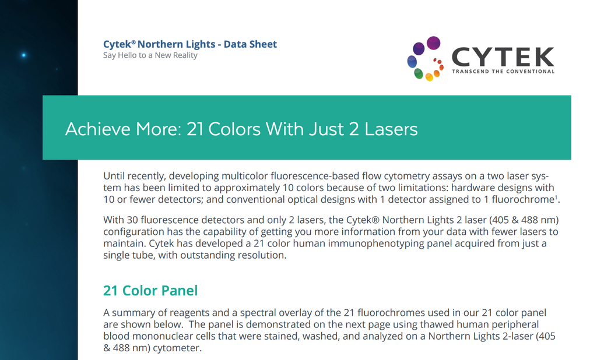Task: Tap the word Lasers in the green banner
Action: click(x=391, y=129)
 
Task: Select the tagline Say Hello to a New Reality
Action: click(x=150, y=55)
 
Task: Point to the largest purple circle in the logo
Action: click(x=433, y=43)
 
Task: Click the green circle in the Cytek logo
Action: click(x=419, y=73)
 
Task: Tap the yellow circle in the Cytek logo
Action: click(x=429, y=77)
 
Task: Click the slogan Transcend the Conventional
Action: click(x=503, y=72)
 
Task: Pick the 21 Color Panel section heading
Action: click(x=150, y=290)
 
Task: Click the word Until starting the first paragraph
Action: click(x=115, y=176)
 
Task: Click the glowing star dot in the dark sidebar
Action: click(x=23, y=55)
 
